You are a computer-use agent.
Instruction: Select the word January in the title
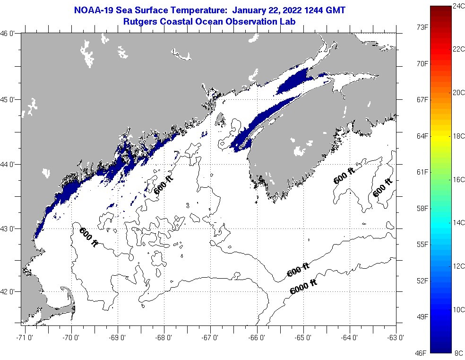pyautogui.click(x=252, y=10)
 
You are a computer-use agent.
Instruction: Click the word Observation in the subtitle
pyautogui.click(x=260, y=21)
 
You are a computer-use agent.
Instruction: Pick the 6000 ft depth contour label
pyautogui.click(x=303, y=287)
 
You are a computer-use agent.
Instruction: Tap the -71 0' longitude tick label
pyautogui.click(x=24, y=338)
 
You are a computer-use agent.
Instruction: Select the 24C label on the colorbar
pyautogui.click(x=457, y=6)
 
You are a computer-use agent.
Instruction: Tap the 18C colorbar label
pyautogui.click(x=457, y=136)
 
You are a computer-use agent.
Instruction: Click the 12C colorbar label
pyautogui.click(x=457, y=266)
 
